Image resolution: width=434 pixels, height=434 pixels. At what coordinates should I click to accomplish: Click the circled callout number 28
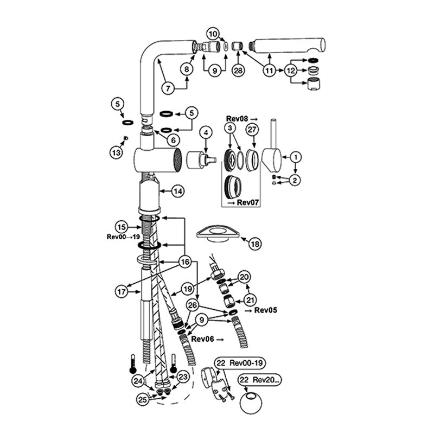pos(238,71)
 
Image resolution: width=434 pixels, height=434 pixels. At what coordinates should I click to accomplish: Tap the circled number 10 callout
pos(213,34)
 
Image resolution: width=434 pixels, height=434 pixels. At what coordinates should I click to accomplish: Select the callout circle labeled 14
pos(178,191)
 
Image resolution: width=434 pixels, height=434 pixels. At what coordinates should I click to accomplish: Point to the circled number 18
pos(254,244)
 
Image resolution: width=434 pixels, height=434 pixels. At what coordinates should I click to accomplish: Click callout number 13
pos(116,152)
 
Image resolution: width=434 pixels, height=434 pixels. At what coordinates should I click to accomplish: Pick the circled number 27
pos(252,130)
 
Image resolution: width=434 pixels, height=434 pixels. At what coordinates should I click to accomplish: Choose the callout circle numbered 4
pos(206,132)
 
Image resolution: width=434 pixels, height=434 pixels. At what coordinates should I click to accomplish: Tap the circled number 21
pos(250,300)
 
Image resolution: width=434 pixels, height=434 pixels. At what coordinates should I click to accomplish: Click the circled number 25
pos(143,399)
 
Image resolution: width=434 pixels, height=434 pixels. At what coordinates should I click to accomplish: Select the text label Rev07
pos(248,202)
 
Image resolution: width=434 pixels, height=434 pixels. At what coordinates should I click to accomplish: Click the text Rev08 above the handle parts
pos(238,119)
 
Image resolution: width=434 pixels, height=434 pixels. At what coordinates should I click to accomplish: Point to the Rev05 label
pos(265,310)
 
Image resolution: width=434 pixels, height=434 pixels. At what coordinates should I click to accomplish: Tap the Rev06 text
pos(202,339)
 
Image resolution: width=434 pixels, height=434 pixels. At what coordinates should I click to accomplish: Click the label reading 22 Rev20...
pos(260,379)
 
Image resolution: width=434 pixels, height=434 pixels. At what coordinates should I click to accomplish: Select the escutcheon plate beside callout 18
pos(218,234)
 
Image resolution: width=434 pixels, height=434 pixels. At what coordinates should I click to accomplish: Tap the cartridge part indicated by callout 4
pos(201,159)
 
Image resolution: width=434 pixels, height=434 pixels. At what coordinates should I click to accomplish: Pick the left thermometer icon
pos(133,365)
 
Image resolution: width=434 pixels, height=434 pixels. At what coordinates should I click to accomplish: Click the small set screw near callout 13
pos(125,138)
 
